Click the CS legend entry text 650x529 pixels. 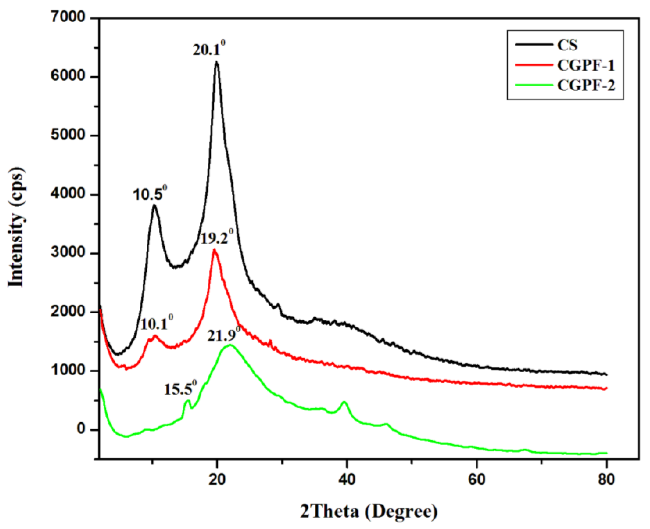567,45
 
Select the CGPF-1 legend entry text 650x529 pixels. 586,65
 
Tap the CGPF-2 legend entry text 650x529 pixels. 586,85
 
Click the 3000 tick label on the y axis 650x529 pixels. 68,253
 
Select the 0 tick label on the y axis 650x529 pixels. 81,429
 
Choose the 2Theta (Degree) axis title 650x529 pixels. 369,511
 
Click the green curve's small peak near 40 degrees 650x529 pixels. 344,402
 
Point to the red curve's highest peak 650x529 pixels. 214,250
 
